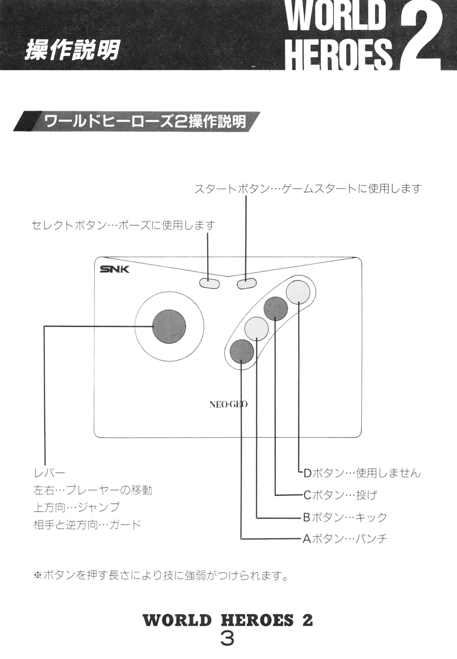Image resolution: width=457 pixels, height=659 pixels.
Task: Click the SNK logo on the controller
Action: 114,269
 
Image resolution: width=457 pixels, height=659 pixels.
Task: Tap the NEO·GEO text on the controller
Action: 229,404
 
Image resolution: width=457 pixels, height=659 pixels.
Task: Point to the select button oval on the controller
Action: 209,283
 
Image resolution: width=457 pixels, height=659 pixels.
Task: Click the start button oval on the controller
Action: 246,283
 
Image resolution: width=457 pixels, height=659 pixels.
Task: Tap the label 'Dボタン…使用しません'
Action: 361,473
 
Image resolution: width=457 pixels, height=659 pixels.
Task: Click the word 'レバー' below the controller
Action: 49,473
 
